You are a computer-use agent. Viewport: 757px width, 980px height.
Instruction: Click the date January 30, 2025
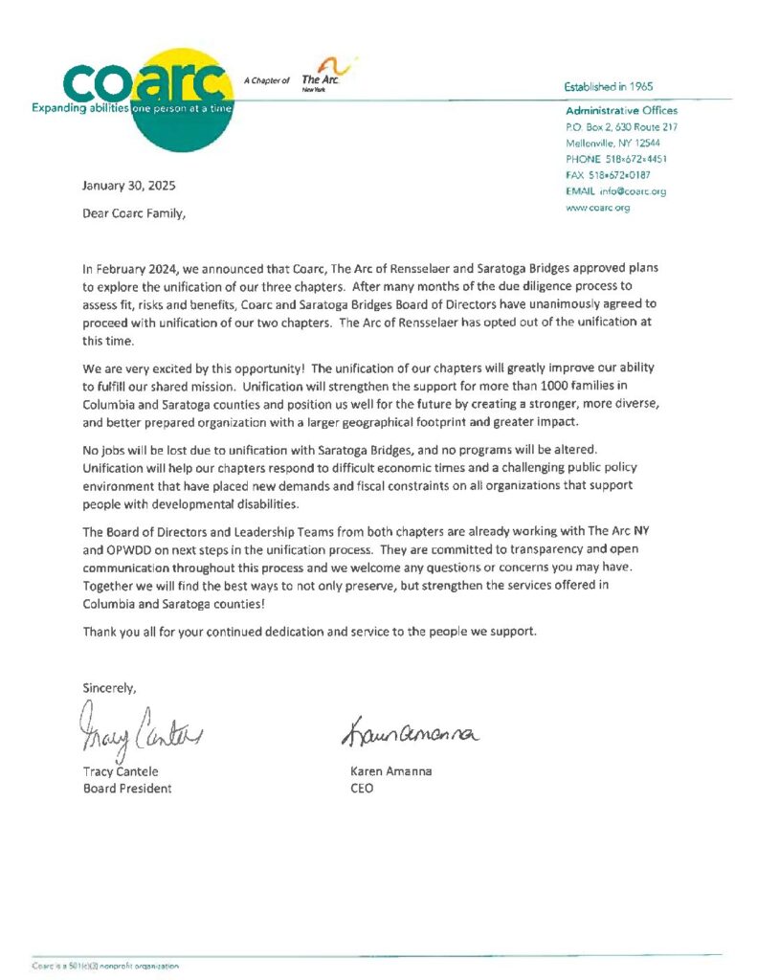pos(129,186)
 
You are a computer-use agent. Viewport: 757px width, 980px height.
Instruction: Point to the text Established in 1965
pos(609,86)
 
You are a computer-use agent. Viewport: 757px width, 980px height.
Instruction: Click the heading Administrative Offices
pos(621,111)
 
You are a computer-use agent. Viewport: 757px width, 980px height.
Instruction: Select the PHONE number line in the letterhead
pos(616,159)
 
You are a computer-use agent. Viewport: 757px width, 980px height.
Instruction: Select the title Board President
pos(127,789)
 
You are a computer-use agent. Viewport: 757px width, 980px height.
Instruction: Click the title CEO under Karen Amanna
pos(363,789)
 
